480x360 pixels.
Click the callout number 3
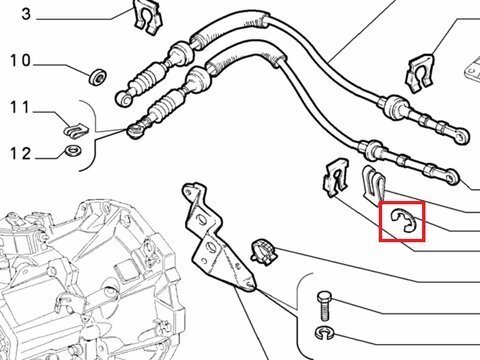click(26, 14)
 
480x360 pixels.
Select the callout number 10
click(20, 61)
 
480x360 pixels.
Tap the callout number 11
click(20, 107)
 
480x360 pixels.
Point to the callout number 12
click(20, 154)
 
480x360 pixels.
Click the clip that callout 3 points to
click(148, 17)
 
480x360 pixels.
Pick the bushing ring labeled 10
click(98, 77)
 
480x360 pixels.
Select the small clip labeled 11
click(76, 129)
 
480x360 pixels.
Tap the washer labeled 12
click(72, 150)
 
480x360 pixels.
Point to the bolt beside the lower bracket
click(324, 306)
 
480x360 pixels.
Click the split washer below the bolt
click(324, 332)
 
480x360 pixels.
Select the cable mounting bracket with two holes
click(216, 239)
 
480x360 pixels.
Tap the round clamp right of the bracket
click(264, 252)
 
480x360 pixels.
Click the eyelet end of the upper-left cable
click(124, 98)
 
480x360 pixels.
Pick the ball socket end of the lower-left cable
click(135, 131)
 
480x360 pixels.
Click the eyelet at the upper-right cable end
click(463, 136)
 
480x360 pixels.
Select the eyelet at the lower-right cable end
click(451, 177)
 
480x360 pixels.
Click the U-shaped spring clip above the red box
click(374, 185)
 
